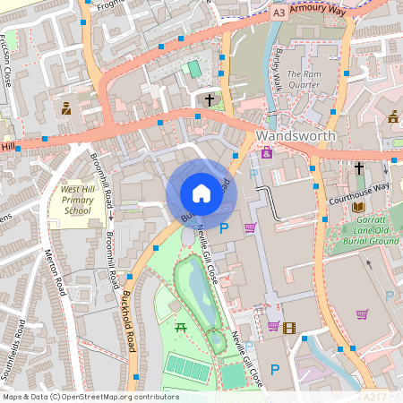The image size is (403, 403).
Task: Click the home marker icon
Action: tap(201, 193)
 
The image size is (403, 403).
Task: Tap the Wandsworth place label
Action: tap(296, 136)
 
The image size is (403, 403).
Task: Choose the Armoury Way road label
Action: tap(319, 11)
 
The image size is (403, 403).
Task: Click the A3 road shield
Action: tap(280, 13)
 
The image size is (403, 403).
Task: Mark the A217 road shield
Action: tap(373, 394)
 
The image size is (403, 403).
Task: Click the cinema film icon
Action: tap(288, 328)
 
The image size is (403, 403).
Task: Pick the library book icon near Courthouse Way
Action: tap(333, 206)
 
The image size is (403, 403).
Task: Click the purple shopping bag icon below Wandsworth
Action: tap(267, 153)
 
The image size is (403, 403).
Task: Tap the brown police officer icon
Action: tap(66, 109)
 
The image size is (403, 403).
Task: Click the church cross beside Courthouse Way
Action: tap(358, 167)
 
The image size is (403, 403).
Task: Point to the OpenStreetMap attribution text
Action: tap(90, 397)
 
